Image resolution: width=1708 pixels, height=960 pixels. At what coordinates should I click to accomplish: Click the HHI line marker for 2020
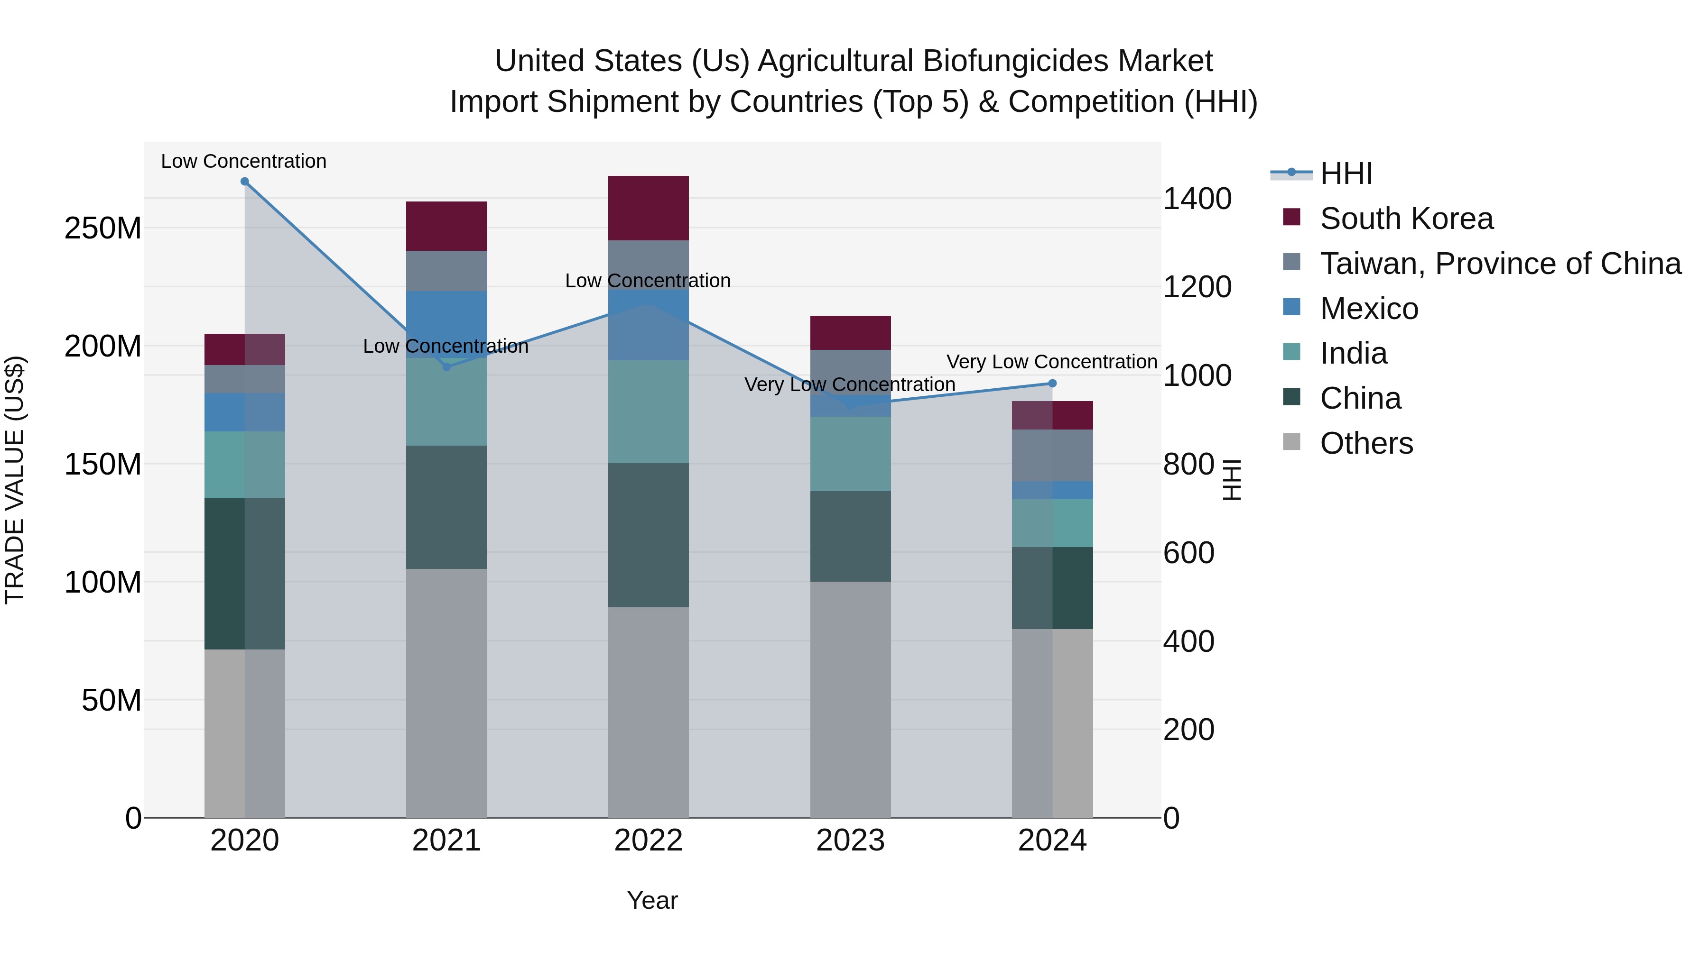[245, 182]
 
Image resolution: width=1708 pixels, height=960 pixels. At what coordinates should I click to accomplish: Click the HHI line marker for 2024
[1052, 384]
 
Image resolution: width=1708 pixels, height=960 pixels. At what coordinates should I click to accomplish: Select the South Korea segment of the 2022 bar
[649, 208]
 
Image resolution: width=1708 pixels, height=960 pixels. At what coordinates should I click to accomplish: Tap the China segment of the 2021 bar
[446, 507]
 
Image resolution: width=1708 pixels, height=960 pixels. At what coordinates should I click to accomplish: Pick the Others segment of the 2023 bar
[851, 699]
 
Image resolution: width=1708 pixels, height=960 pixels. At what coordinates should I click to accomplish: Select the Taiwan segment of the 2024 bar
[1052, 455]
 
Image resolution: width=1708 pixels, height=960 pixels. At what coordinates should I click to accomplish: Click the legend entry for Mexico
[1368, 309]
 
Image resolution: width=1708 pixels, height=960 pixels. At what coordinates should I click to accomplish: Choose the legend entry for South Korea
[1406, 219]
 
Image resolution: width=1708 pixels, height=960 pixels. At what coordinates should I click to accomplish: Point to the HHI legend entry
[1346, 174]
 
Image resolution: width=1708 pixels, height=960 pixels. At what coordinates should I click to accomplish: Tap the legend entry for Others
[1366, 443]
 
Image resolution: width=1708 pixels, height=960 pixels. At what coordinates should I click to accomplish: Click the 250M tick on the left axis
[103, 228]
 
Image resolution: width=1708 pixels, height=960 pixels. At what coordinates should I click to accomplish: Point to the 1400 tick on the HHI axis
[1197, 199]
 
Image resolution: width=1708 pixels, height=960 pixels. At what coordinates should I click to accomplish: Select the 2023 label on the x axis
[851, 841]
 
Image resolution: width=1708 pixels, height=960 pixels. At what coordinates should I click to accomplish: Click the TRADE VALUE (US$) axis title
[15, 480]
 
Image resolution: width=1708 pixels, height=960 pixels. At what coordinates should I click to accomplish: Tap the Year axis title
[652, 900]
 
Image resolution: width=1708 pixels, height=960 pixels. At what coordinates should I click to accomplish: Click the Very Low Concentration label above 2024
[1051, 362]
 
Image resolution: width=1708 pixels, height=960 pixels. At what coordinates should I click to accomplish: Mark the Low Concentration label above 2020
[243, 161]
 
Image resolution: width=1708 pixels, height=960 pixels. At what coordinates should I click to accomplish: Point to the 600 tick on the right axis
[1189, 553]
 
